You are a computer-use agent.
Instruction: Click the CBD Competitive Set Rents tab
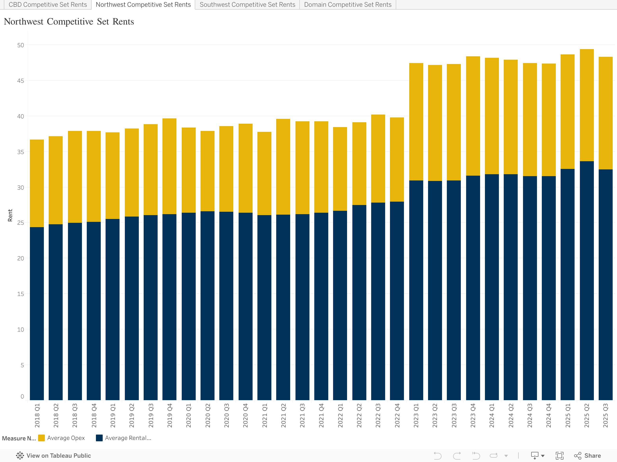(48, 5)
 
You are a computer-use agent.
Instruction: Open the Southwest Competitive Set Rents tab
(247, 5)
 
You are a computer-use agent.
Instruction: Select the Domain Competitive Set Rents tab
(348, 5)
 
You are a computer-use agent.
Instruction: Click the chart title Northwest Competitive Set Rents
(69, 22)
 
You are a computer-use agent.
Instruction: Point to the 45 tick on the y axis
(21, 81)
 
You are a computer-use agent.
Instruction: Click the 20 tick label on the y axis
(21, 258)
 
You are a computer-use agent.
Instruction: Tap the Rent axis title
(10, 215)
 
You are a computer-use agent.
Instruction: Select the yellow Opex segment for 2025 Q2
(587, 105)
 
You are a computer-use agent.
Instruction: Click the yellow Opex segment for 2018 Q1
(37, 183)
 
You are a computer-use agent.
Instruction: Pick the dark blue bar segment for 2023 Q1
(416, 290)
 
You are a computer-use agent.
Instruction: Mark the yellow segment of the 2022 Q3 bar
(378, 159)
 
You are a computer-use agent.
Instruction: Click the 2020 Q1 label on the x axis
(188, 416)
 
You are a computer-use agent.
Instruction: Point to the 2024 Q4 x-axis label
(548, 416)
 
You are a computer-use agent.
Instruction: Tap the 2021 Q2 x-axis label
(283, 416)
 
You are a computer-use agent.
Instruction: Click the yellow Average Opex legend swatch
(41, 438)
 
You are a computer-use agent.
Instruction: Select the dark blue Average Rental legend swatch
(99, 438)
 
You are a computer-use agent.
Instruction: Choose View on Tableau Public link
(54, 456)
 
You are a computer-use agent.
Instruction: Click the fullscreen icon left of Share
(560, 456)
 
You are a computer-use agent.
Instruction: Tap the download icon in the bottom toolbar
(535, 456)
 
